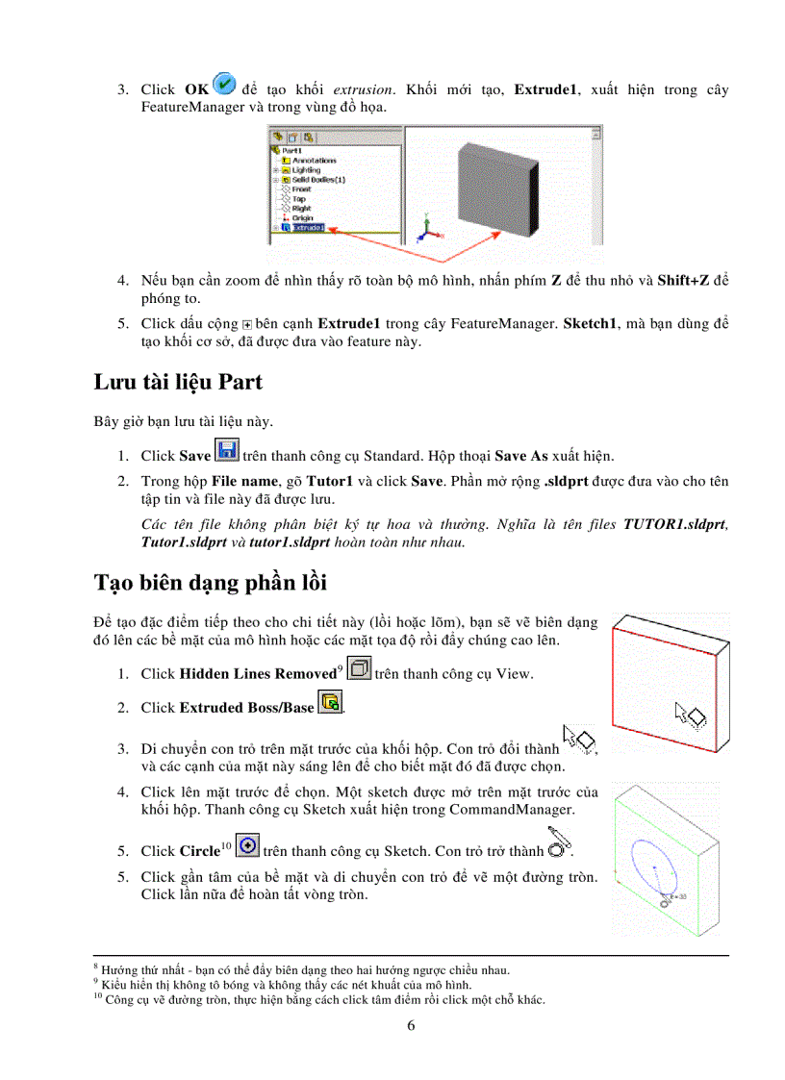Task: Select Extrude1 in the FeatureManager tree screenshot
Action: (308, 228)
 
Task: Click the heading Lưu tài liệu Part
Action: (177, 383)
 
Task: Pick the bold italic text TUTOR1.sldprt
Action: (674, 524)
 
